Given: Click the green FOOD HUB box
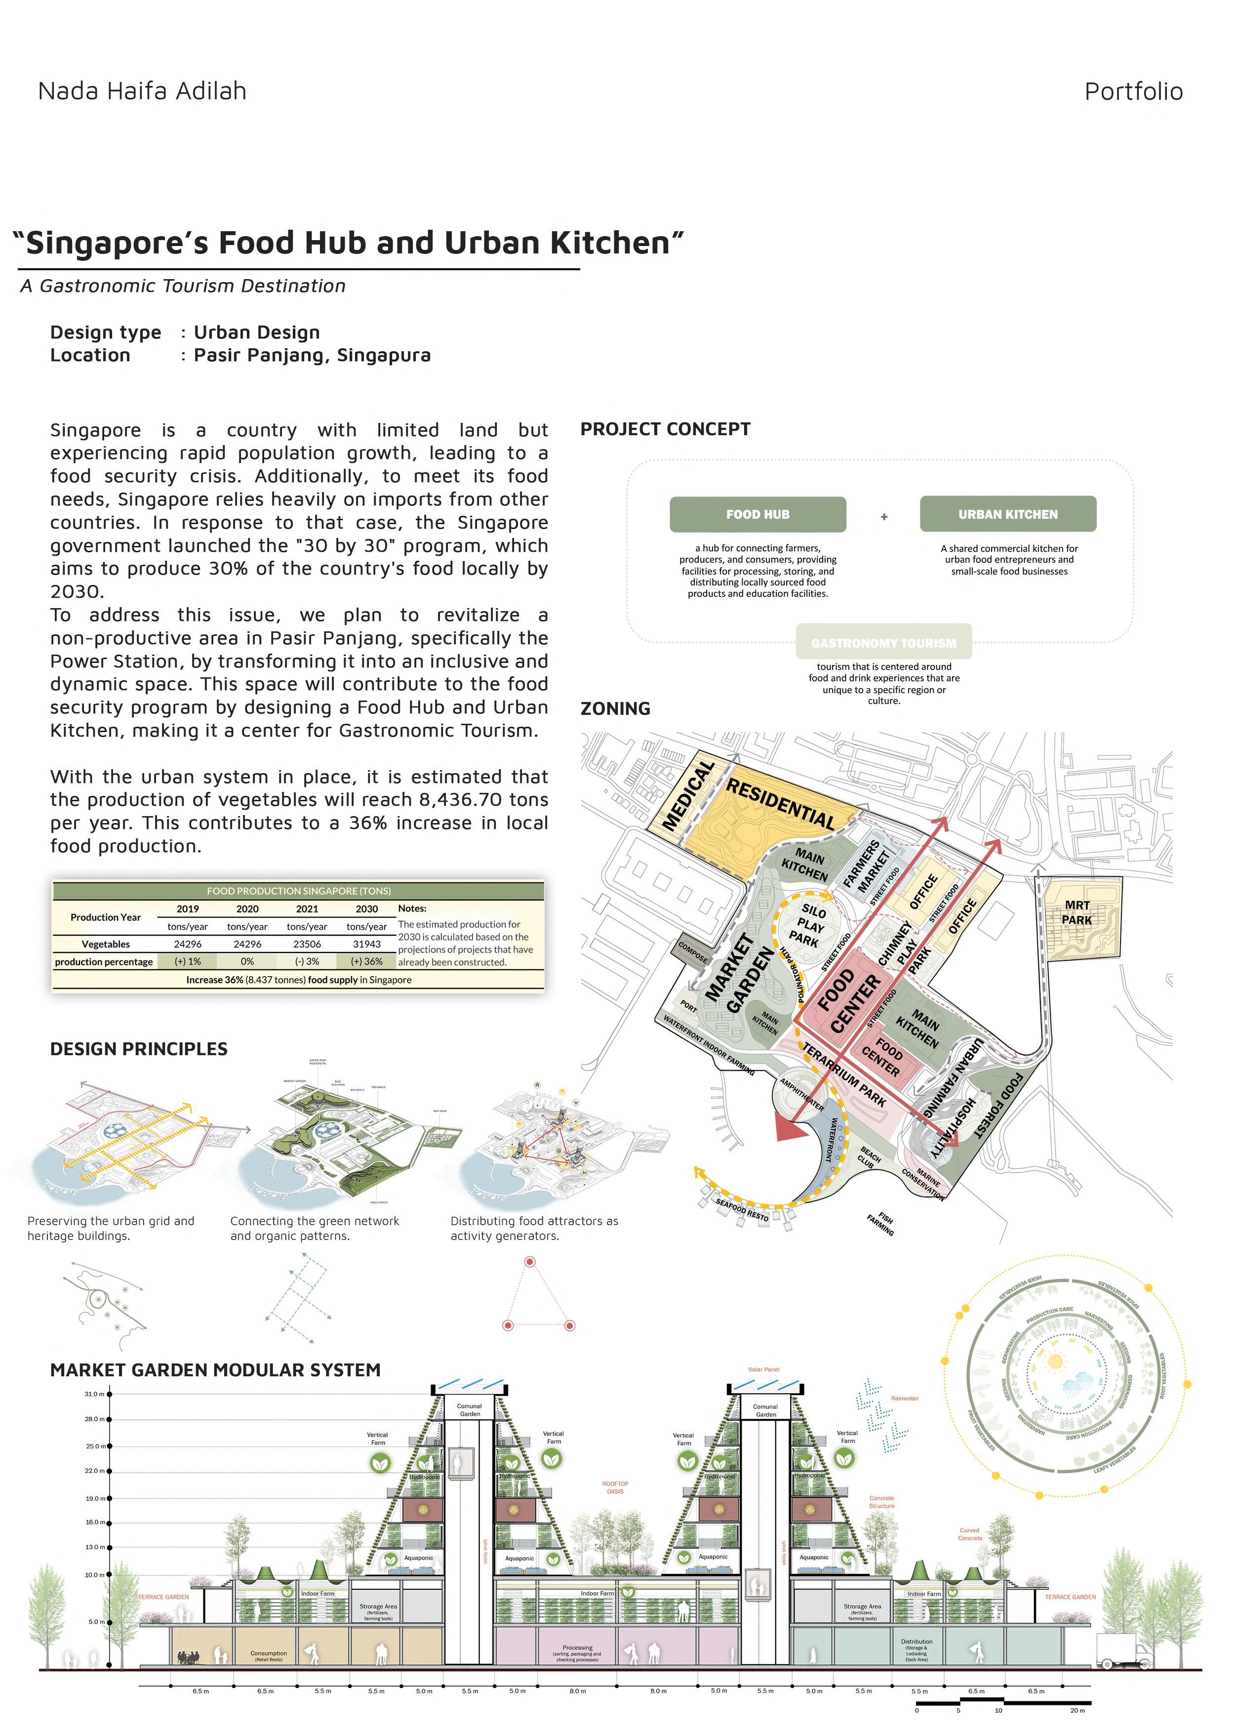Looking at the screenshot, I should click(758, 515).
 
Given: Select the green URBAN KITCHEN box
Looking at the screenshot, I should click(1008, 515).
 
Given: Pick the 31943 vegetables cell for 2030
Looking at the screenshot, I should click(367, 944).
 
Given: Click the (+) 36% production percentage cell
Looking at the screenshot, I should click(367, 962).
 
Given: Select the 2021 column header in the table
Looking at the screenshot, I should click(307, 908).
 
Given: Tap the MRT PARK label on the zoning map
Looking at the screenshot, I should click(1077, 912).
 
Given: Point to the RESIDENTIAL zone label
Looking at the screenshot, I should click(780, 803).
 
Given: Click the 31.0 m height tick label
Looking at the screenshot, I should click(94, 1394).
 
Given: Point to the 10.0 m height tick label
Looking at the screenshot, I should click(94, 1574).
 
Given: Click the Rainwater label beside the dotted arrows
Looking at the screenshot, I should click(904, 1398).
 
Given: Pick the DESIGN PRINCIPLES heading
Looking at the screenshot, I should click(139, 1049).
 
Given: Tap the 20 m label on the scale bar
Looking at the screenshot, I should click(1077, 1710).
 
